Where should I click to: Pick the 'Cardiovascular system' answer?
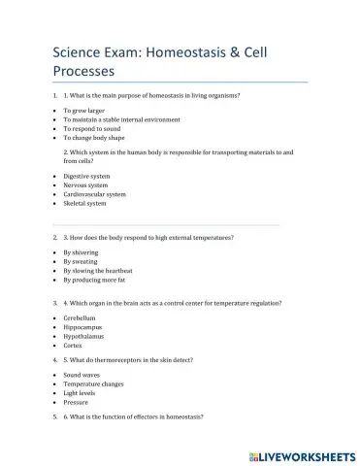94,194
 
